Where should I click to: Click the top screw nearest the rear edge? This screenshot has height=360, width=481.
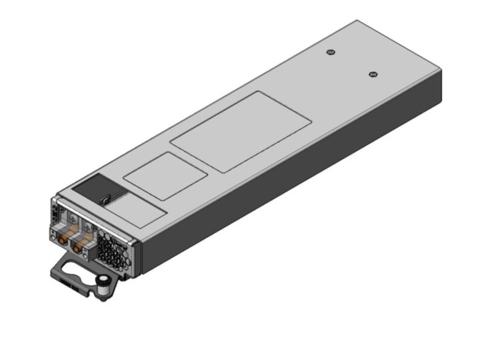tap(330, 52)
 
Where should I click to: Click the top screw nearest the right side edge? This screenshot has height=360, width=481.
tap(373, 73)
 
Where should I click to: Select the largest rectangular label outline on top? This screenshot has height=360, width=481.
tap(240, 132)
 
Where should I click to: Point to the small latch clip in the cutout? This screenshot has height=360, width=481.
tap(106, 198)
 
